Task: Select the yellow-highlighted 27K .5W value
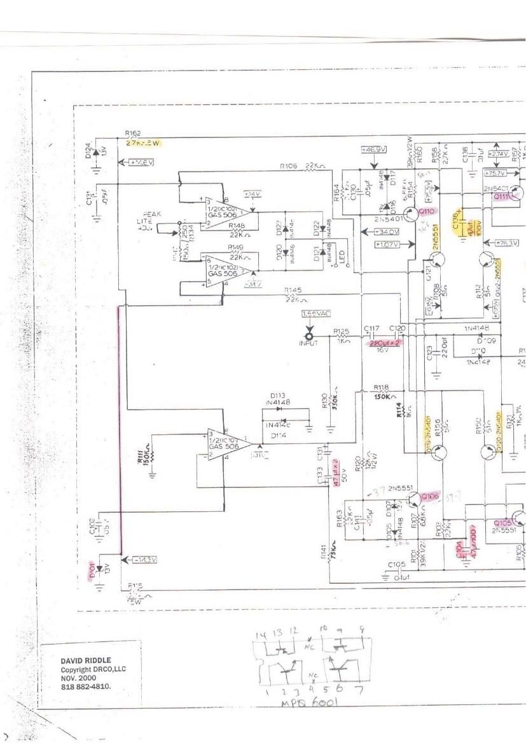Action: [x=142, y=144]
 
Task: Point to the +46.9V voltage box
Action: [x=374, y=149]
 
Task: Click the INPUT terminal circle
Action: [x=310, y=337]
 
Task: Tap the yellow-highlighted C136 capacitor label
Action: [x=457, y=221]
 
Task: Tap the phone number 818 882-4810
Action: [x=89, y=687]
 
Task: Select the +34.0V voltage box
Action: [x=387, y=232]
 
